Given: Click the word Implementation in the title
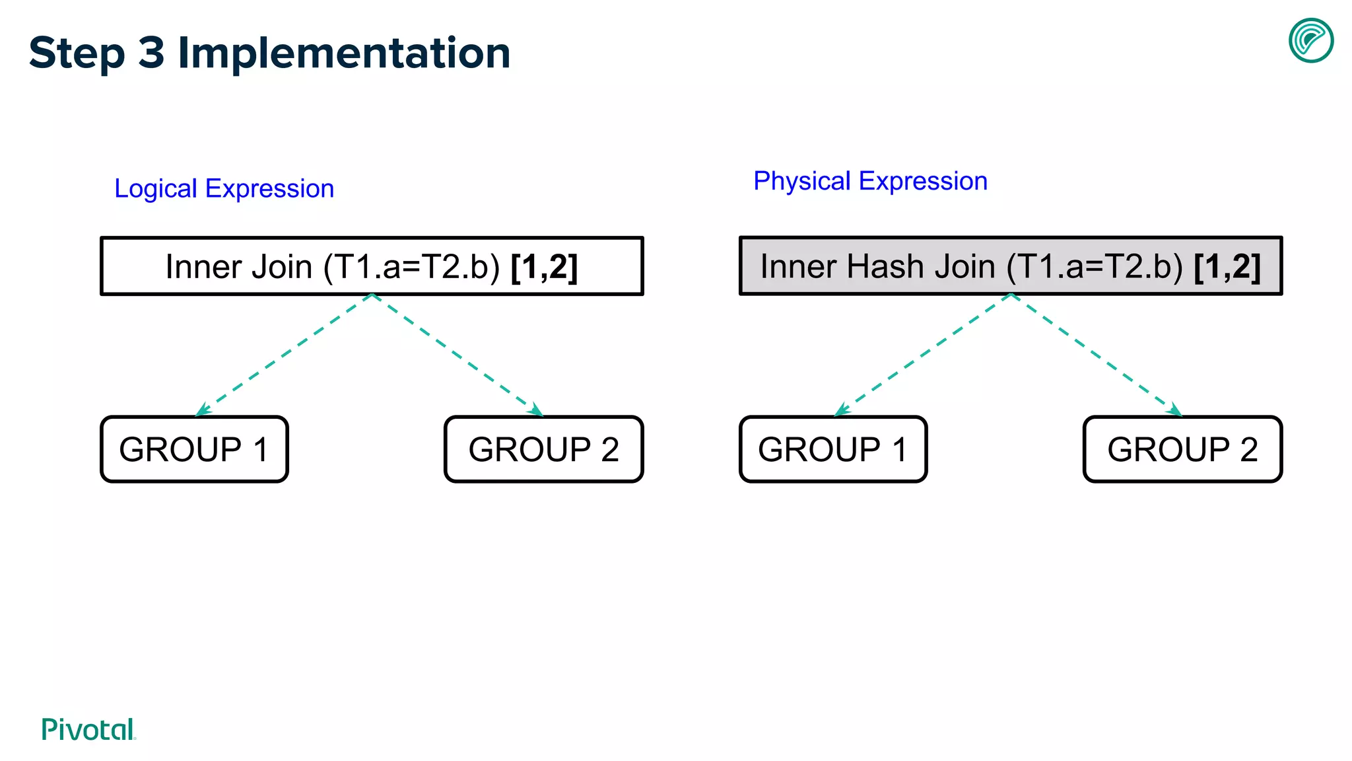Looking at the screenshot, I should [344, 53].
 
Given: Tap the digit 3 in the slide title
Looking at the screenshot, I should [151, 53].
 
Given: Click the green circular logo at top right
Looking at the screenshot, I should [1311, 40].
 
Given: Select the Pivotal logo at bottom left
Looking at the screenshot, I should [88, 730].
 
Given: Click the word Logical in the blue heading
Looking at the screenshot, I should [156, 189].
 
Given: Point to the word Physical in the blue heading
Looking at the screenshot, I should [801, 181].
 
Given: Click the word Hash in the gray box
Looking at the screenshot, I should [885, 266].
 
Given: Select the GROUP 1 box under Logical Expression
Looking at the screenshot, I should [194, 449].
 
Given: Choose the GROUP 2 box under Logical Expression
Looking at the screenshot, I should [543, 449].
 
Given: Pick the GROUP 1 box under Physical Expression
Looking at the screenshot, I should [833, 449].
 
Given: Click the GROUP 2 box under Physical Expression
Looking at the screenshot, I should [1182, 449].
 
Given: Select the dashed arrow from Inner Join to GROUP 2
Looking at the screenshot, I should [457, 355].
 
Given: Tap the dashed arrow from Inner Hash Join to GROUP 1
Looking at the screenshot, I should [923, 354].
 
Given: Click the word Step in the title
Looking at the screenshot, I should [77, 53].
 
